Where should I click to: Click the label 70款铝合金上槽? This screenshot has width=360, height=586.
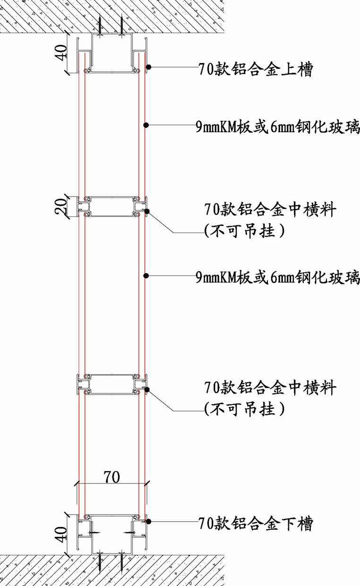point(255,70)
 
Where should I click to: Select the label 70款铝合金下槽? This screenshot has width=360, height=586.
point(255,523)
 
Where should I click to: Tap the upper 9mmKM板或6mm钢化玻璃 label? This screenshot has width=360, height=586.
point(278,127)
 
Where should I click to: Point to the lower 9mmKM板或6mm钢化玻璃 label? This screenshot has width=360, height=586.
point(278,276)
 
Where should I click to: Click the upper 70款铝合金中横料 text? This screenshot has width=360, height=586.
point(270,209)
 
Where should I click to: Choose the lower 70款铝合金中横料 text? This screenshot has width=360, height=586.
point(270,388)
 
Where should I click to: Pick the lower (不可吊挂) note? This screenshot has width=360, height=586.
point(244,408)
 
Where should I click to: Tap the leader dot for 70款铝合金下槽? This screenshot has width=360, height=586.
point(148,521)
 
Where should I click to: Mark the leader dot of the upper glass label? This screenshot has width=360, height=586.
point(146,125)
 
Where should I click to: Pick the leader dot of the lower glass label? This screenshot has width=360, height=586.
point(146,274)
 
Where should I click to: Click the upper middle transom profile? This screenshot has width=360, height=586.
point(112,207)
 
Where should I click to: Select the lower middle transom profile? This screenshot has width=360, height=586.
point(112,384)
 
